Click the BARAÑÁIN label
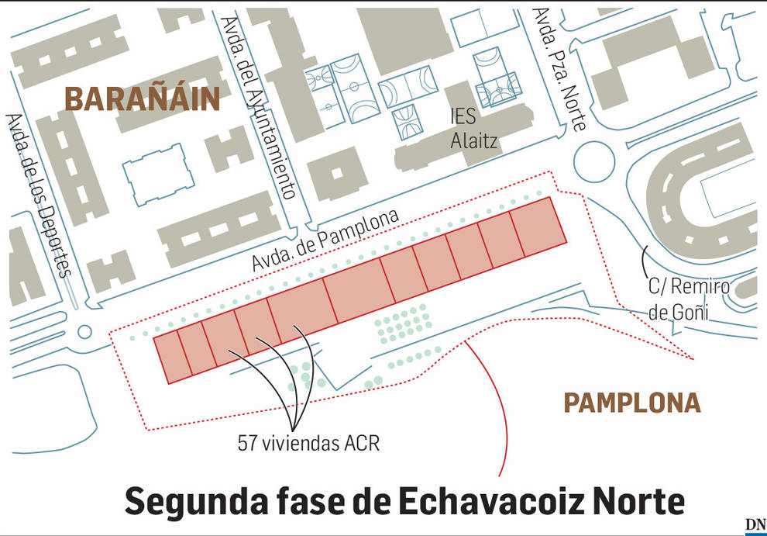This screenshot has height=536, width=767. pyautogui.click(x=142, y=99)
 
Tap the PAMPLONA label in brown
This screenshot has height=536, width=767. pyautogui.click(x=631, y=403)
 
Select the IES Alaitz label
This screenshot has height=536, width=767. pyautogui.click(x=473, y=128)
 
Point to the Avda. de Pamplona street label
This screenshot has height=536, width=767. pyautogui.click(x=325, y=241)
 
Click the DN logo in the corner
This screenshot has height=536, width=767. pyautogui.click(x=755, y=525)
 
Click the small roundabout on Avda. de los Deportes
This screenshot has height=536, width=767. pyautogui.click(x=85, y=332)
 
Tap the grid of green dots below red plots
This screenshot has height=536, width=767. pyautogui.click(x=403, y=323)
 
